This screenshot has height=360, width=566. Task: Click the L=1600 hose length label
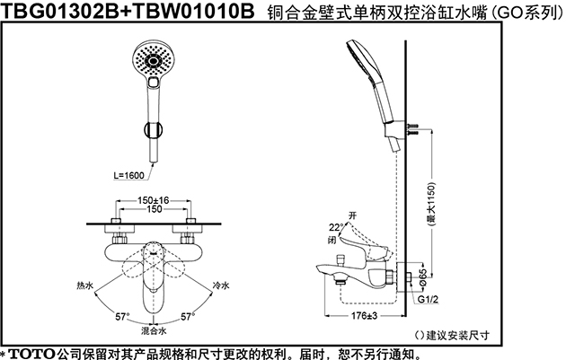click(x=128, y=176)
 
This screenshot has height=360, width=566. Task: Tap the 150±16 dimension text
click(x=153, y=200)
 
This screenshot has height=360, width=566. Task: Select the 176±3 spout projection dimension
click(x=364, y=316)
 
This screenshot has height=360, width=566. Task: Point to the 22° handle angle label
click(x=336, y=227)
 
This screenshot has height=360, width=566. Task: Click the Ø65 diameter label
click(x=422, y=277)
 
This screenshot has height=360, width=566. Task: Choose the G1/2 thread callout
click(x=428, y=299)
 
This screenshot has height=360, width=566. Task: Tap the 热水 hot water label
click(x=85, y=285)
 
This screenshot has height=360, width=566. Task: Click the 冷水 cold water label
click(x=220, y=285)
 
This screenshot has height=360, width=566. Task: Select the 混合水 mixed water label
click(x=154, y=330)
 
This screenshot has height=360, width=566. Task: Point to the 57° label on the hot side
click(x=122, y=317)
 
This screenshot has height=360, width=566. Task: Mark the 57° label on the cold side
click(x=188, y=317)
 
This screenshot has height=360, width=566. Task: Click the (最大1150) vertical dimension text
click(x=431, y=204)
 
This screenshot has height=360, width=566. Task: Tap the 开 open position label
click(x=352, y=215)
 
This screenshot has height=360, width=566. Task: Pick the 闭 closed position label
click(x=332, y=240)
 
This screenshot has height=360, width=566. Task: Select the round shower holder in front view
click(x=153, y=130)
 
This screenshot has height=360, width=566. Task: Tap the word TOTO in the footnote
click(x=32, y=354)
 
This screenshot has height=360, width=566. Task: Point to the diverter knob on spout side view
click(x=340, y=259)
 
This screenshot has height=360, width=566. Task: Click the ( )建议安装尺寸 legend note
click(x=452, y=335)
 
